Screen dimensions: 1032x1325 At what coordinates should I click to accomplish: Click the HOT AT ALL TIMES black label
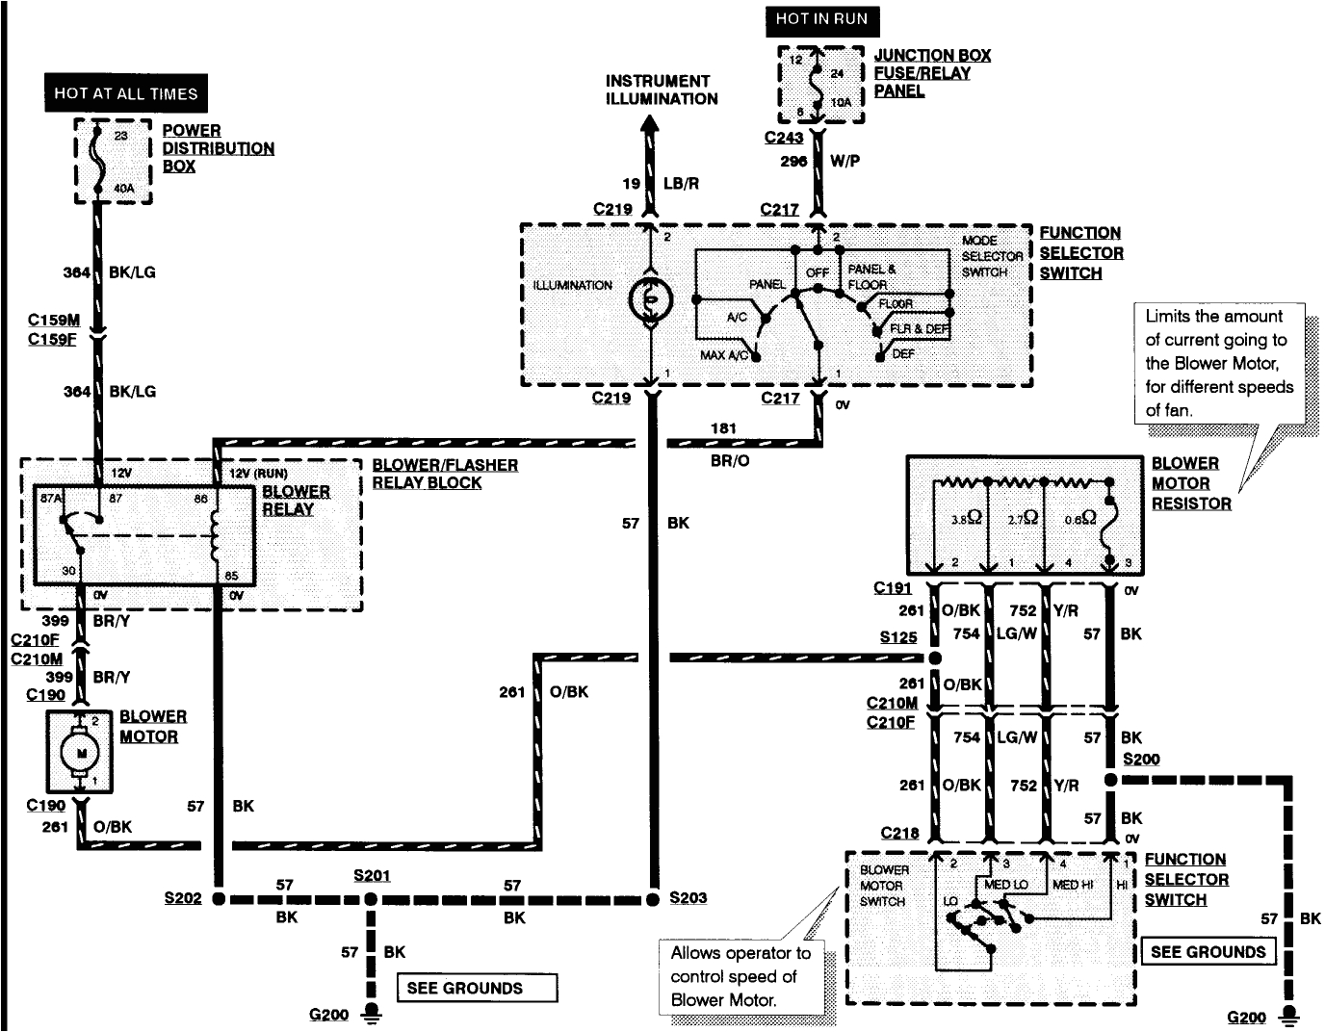point(125,93)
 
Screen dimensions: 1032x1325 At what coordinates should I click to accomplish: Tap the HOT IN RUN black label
point(821,20)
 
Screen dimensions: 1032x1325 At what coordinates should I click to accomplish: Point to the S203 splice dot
point(653,898)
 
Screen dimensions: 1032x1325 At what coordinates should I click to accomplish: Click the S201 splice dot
point(371,899)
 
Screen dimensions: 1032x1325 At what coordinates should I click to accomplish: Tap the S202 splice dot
point(219,899)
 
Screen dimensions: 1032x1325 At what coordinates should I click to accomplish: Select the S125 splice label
point(897,637)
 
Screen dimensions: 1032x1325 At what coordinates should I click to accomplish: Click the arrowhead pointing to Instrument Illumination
point(651,125)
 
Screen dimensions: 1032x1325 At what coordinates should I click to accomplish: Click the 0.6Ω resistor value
point(1080,517)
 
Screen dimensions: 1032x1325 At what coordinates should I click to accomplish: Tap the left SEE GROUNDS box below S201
point(477,988)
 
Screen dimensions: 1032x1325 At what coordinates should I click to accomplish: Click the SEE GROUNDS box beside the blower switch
point(1208,952)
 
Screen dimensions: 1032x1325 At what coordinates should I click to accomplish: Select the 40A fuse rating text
point(124,189)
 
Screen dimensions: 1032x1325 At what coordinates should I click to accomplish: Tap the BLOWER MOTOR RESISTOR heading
point(1190,483)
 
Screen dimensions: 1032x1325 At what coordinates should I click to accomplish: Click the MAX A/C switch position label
point(724,356)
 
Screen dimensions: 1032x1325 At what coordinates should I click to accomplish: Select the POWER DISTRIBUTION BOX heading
point(218,148)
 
